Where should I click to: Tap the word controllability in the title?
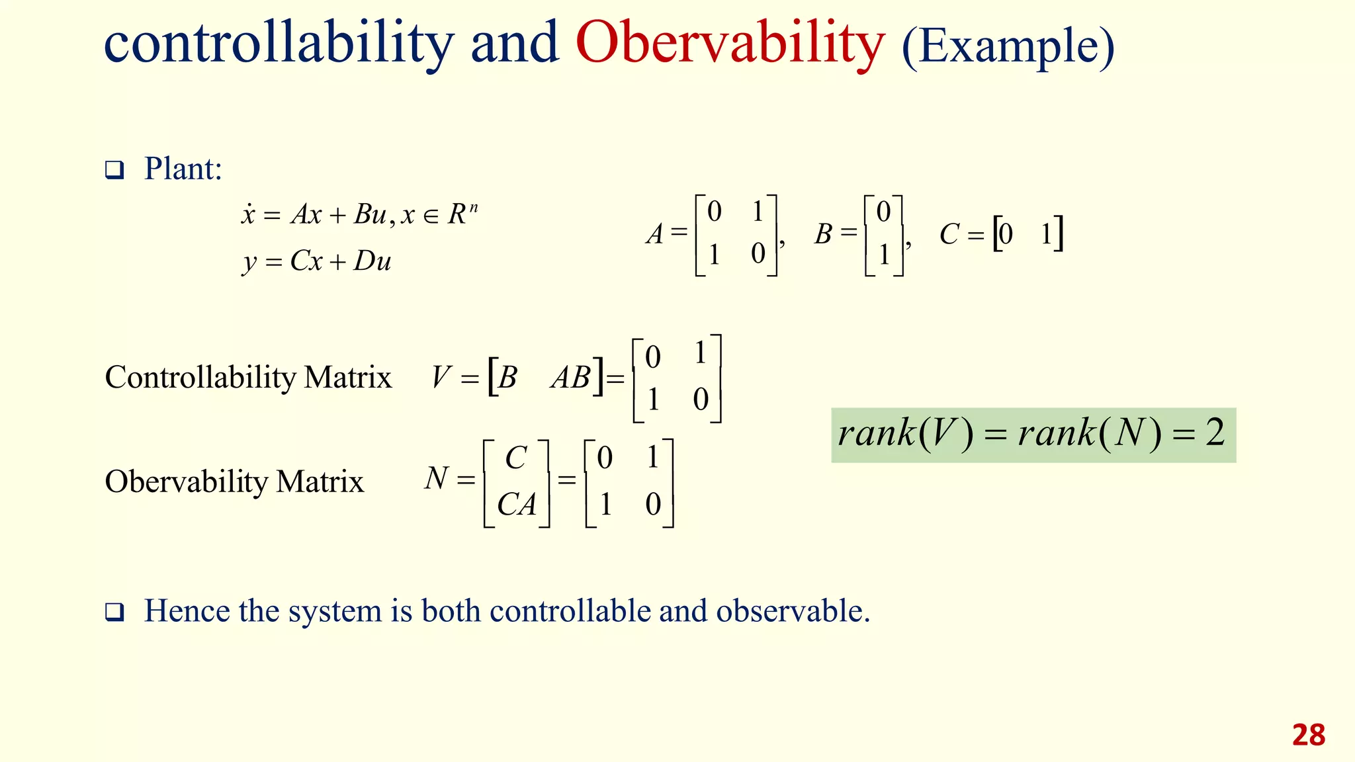[x=278, y=44]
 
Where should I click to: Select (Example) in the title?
[x=1008, y=46]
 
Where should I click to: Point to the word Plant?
[x=183, y=169]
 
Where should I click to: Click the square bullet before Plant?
[x=114, y=171]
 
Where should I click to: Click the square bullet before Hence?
[x=114, y=613]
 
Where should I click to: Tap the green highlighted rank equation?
[x=1033, y=435]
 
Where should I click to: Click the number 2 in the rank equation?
[x=1215, y=433]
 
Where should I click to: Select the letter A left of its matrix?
[x=655, y=234]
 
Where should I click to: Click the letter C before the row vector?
[x=949, y=234]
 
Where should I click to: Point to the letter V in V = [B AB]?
[x=441, y=378]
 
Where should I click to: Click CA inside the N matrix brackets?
[x=516, y=505]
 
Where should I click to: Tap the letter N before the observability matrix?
[x=437, y=478]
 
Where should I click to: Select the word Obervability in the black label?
[x=187, y=482]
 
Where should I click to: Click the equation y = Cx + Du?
[x=317, y=261]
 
